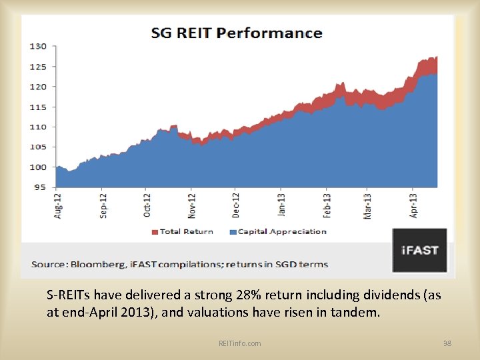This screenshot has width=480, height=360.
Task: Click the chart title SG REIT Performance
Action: point(236,33)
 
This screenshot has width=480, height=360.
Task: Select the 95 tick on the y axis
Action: point(40,187)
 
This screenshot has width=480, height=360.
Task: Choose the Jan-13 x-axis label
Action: point(281,205)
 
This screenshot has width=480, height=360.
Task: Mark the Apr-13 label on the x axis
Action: point(414,205)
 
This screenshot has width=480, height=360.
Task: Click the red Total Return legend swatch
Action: point(156,232)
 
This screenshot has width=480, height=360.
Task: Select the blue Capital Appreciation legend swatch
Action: point(233,232)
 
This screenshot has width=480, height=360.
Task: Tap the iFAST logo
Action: point(419,250)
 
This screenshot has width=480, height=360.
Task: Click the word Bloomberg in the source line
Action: point(96,264)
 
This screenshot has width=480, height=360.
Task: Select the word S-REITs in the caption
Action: point(67,295)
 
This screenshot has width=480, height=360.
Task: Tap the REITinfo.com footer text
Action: point(239,343)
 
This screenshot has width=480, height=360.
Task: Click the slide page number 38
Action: point(447,343)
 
